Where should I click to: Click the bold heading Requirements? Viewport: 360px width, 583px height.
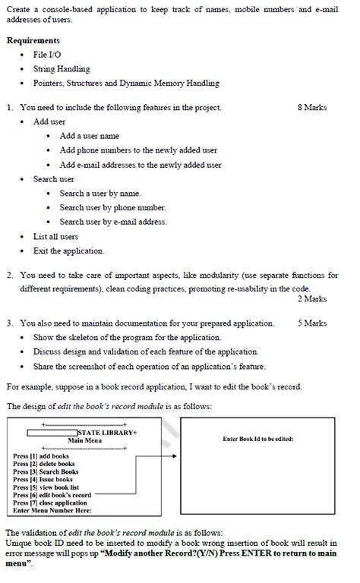33,40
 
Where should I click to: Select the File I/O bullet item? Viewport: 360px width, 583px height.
48,55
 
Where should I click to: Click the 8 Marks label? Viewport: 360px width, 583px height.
312,108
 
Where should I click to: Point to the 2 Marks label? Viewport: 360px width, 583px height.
312,299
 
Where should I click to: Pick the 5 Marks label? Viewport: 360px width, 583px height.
312,323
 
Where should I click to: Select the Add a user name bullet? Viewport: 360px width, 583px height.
89,136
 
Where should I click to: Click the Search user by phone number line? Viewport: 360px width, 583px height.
112,207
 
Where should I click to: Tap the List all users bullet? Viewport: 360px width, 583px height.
55,236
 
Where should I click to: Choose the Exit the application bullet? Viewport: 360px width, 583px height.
68,251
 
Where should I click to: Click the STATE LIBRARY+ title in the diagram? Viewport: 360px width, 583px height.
106,432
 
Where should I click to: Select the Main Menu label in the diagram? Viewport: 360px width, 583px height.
84,440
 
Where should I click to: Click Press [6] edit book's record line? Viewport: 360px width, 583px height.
52,495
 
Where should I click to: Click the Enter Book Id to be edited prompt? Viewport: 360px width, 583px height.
257,439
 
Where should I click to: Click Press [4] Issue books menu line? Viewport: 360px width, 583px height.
43,480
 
